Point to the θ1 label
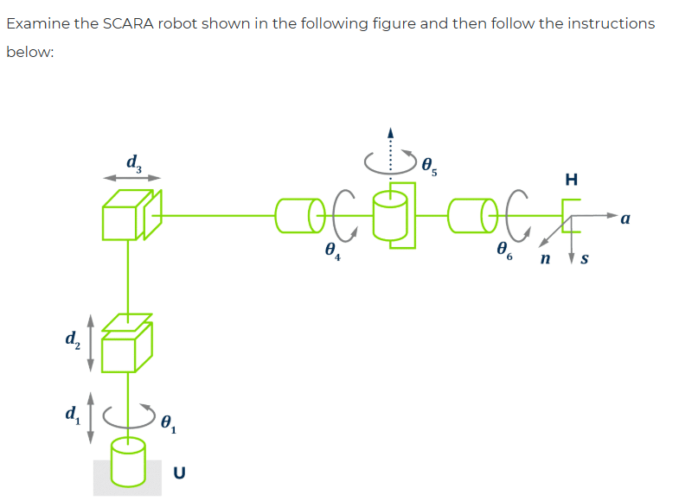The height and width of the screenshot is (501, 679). point(170,422)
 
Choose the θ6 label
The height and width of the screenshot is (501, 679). point(505,251)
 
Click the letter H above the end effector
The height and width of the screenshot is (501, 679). point(570,180)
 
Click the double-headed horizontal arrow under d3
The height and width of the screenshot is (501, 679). point(132,178)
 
